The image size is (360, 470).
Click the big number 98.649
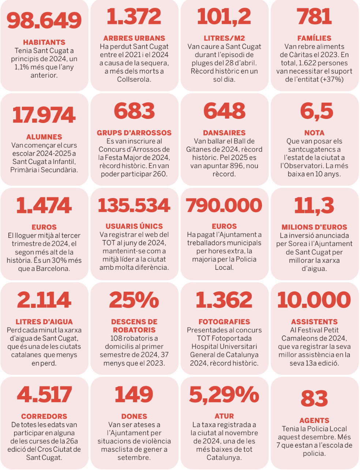tap(44, 20)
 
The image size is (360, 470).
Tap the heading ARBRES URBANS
tap(134, 38)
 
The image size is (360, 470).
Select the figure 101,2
tap(224, 17)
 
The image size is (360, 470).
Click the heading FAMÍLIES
tap(314, 38)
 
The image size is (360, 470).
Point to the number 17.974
tap(44, 115)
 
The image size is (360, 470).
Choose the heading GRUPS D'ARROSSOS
tap(134, 133)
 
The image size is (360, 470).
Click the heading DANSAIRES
tap(224, 133)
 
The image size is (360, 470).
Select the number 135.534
tap(134, 206)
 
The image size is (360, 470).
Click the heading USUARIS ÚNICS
tap(134, 226)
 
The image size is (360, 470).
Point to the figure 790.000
tap(224, 206)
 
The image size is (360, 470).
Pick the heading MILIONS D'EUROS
tap(314, 227)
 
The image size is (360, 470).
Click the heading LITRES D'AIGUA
tap(44, 322)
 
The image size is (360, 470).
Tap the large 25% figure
tap(134, 300)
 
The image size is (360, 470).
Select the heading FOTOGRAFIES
tap(224, 322)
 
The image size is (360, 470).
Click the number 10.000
tap(314, 300)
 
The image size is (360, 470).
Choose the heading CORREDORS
tap(44, 416)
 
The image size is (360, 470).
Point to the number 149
tap(134, 395)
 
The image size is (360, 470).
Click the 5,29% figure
tap(224, 395)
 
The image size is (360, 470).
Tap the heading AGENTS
tap(314, 421)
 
